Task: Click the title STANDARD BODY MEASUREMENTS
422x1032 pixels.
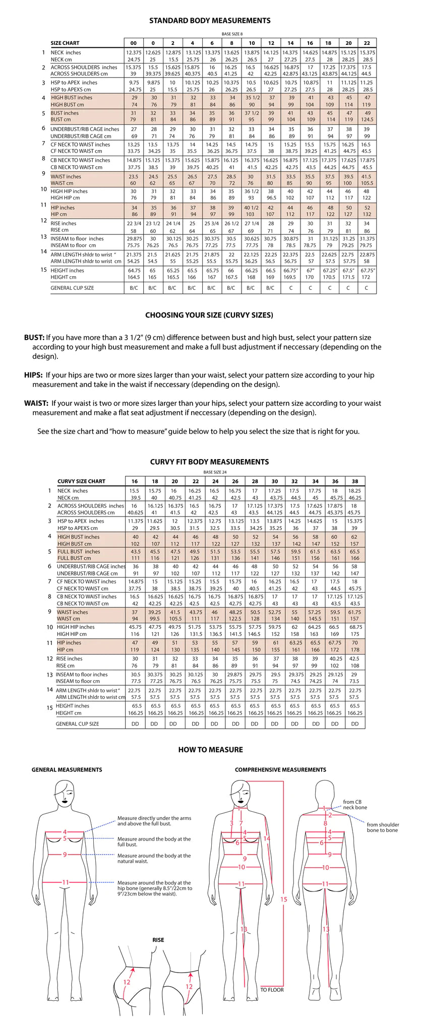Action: (x=210, y=21)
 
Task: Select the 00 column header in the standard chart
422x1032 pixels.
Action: (x=133, y=43)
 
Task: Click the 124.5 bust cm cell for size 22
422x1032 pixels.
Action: (x=367, y=120)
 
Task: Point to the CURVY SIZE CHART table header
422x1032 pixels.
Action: (x=81, y=481)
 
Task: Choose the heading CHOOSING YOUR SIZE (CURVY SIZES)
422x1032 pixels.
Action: (x=209, y=315)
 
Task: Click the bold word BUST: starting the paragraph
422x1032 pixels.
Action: (x=34, y=338)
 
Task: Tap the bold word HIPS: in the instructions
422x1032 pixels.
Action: (x=33, y=375)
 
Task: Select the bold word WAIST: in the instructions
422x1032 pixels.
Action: (x=36, y=404)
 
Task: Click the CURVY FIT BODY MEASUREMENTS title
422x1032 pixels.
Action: (x=209, y=462)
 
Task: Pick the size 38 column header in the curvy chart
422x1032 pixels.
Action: (x=355, y=481)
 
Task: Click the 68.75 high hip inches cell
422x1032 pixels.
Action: (x=355, y=627)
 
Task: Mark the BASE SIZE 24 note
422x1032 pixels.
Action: (x=215, y=472)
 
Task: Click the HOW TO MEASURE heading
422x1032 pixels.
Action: (x=210, y=750)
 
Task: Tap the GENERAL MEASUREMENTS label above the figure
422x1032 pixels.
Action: (x=67, y=770)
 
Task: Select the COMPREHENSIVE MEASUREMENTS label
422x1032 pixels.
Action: (x=280, y=770)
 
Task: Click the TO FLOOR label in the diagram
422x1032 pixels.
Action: (x=272, y=990)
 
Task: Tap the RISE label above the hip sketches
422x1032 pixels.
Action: (x=158, y=940)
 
